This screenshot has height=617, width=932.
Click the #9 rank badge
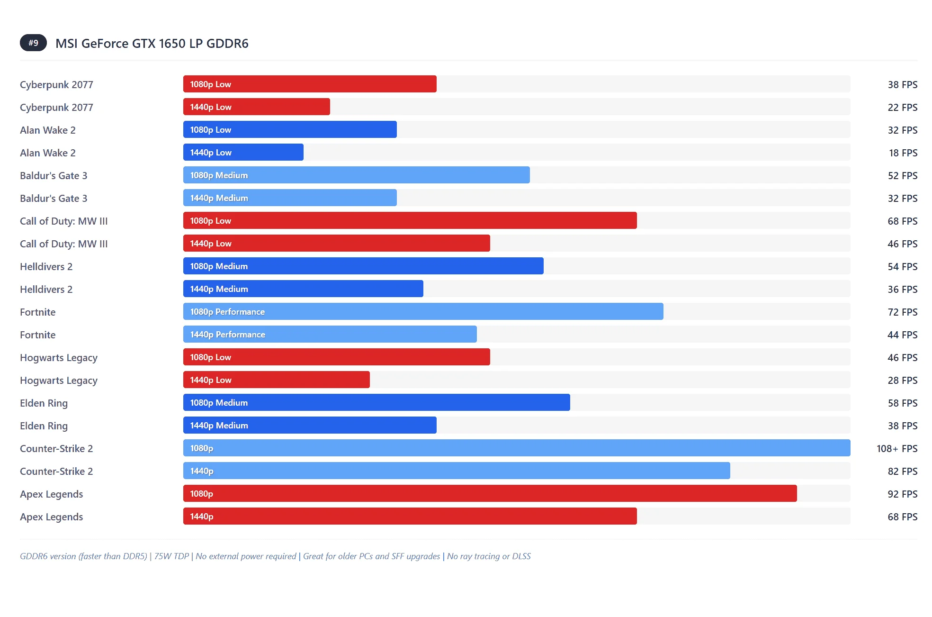(33, 43)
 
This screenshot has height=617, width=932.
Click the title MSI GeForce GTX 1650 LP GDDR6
(152, 44)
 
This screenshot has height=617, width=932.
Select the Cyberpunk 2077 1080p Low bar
(310, 84)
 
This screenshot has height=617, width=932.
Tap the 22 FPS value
(902, 108)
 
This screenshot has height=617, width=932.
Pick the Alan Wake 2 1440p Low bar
(243, 153)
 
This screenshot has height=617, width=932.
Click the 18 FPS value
(903, 153)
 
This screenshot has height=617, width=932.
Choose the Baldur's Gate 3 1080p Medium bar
(356, 175)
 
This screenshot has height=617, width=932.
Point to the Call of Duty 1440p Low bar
(336, 244)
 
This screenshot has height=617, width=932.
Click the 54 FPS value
(902, 267)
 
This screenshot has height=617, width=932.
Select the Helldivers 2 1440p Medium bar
(303, 289)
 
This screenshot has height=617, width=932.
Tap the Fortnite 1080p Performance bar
(423, 312)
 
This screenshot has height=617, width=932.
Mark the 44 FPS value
(902, 335)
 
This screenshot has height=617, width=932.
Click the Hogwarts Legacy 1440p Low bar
(277, 380)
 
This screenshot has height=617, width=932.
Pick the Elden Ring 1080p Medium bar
(376, 403)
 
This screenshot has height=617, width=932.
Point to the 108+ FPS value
(896, 449)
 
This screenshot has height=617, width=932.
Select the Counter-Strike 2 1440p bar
(457, 471)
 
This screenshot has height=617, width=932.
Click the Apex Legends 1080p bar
(490, 494)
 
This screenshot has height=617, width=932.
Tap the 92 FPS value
(902, 494)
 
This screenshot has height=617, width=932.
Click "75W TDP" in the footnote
(171, 556)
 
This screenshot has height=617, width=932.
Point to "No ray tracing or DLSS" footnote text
(489, 556)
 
